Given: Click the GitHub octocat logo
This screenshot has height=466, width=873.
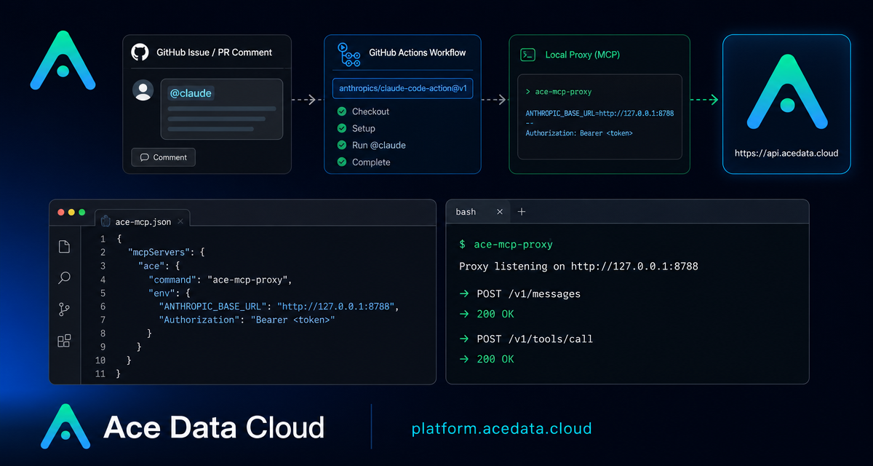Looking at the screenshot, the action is [x=140, y=52].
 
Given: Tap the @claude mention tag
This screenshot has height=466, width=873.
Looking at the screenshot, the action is [x=191, y=93].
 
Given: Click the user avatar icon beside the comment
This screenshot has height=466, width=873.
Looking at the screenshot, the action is [x=143, y=90].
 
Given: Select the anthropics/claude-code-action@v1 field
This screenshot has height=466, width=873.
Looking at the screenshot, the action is [x=402, y=89].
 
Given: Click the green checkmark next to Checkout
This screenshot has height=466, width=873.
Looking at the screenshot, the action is [x=342, y=111].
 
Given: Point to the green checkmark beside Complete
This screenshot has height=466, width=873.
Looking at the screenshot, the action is [x=342, y=162].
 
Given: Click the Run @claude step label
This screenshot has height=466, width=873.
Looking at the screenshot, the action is [x=379, y=146].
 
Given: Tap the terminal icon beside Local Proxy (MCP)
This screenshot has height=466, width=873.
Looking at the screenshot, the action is [x=527, y=55].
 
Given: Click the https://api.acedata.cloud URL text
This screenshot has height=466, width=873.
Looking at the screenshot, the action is [x=786, y=153].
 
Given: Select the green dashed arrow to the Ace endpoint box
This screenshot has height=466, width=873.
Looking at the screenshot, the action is [x=704, y=100].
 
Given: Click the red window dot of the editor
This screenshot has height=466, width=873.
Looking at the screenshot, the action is [x=61, y=212].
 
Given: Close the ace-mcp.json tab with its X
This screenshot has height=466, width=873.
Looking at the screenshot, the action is [x=180, y=221].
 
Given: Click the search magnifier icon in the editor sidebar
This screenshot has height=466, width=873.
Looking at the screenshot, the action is [x=64, y=277].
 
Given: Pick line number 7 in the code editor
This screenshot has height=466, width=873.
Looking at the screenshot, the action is [x=103, y=320].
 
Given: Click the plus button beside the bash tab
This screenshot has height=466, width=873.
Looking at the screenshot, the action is [x=522, y=212].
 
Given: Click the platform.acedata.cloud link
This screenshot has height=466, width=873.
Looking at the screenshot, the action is [x=501, y=429].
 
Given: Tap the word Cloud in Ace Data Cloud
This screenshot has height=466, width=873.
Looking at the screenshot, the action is [x=285, y=427].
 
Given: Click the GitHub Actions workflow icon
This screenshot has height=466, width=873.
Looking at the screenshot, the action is [x=348, y=55].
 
